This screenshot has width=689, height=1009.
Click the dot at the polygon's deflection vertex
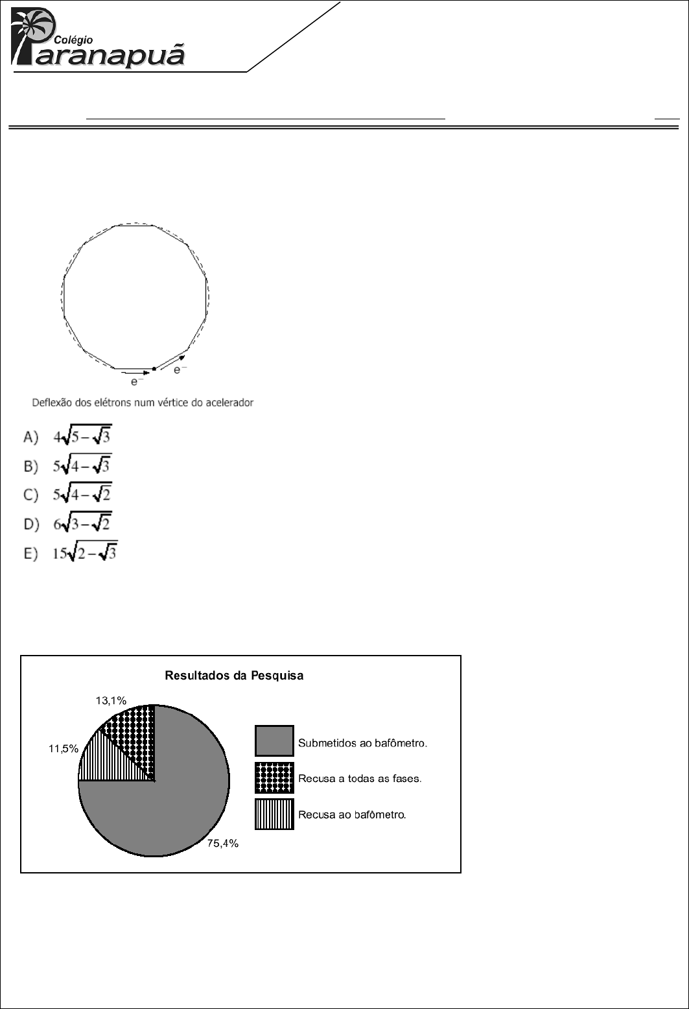coord(154,369)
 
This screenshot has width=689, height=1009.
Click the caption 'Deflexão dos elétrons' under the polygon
coord(143,403)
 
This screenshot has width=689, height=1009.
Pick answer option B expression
coord(82,466)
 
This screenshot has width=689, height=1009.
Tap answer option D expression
coord(82,523)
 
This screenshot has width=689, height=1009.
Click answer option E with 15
coord(85,552)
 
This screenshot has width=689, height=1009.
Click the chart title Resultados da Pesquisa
coord(234,675)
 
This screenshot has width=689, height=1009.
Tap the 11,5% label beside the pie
coord(64,748)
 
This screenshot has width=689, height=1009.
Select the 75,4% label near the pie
coord(222,844)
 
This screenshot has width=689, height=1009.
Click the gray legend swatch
coord(274,741)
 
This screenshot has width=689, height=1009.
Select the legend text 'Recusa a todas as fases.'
coord(360,778)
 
